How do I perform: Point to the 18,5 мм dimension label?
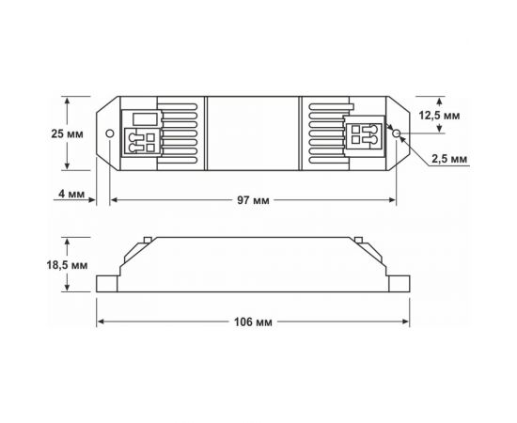point(68,266)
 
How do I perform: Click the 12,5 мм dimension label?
point(463,115)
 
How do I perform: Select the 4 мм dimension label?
point(74,194)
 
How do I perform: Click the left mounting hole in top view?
point(110,133)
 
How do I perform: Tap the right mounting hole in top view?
point(398,133)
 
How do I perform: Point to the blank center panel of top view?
point(254,133)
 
